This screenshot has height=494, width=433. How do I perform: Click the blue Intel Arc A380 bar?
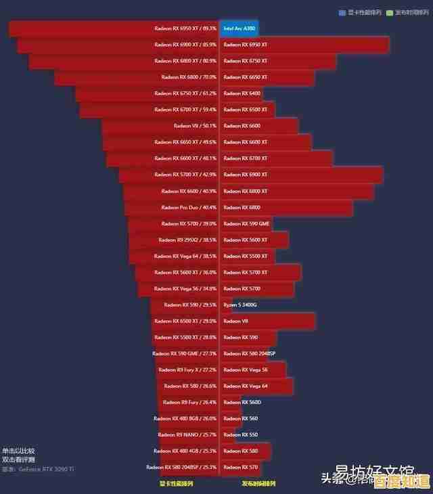click(x=239, y=28)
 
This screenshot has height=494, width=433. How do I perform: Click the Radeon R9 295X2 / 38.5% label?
click(x=187, y=240)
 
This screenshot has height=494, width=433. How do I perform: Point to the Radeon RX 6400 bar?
click(x=242, y=93)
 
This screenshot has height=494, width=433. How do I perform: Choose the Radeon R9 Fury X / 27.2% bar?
click(x=187, y=370)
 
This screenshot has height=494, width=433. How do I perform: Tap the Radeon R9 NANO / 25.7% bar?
click(x=190, y=435)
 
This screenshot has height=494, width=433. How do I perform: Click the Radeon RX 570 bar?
click(x=241, y=468)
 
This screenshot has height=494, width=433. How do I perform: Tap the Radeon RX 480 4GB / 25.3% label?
click(x=185, y=451)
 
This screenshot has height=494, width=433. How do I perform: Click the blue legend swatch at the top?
click(x=342, y=12)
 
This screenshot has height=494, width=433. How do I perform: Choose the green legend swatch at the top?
click(x=389, y=12)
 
